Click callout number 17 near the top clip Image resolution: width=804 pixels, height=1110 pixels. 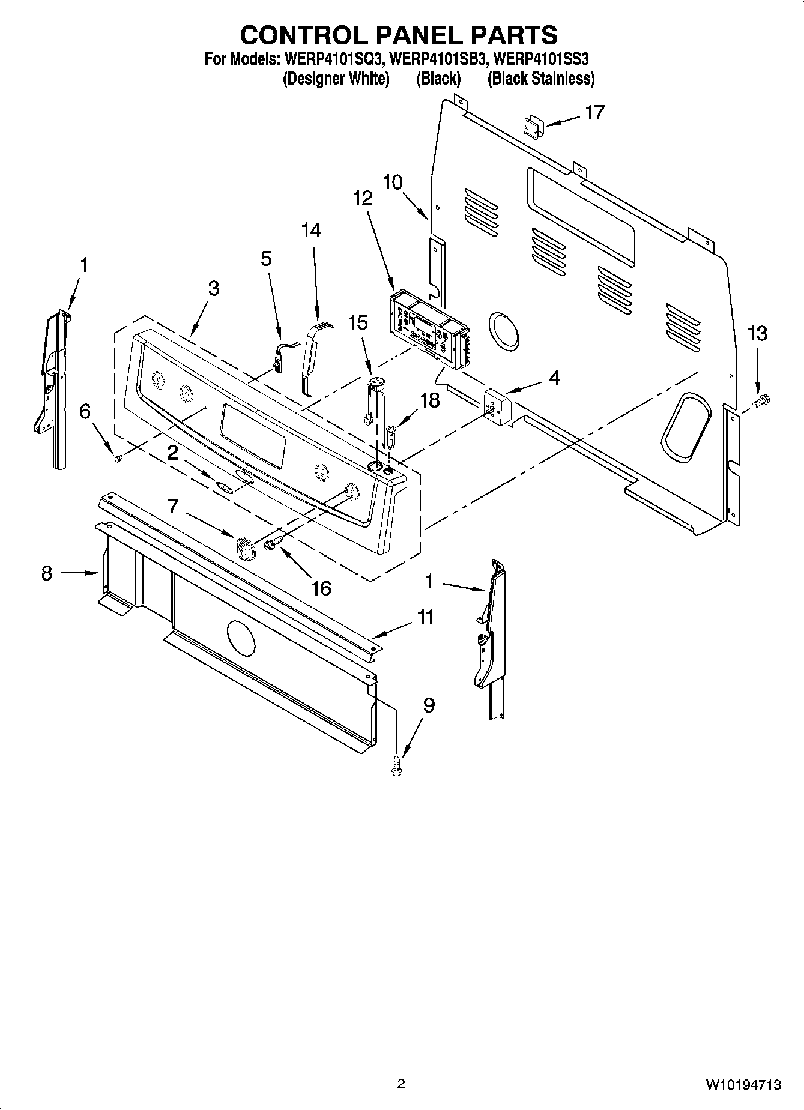coord(594,112)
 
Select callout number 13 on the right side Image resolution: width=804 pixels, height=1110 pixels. coord(757,333)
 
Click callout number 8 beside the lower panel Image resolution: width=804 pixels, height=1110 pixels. coord(47,573)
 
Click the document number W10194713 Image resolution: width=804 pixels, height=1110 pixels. coord(743,1084)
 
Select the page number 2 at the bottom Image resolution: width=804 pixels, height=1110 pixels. coord(401,1084)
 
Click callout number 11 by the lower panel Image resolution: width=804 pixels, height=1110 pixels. coord(426,617)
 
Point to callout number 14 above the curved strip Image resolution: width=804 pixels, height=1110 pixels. coord(311,230)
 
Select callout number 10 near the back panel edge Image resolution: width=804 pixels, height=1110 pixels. coord(393,182)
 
